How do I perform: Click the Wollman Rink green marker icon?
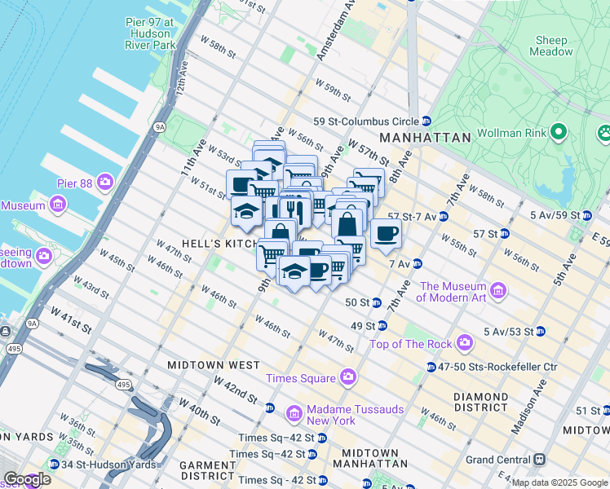(x=559, y=131)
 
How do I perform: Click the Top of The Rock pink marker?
(x=465, y=343)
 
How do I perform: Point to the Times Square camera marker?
(x=348, y=378)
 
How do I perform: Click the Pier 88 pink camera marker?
(x=105, y=181)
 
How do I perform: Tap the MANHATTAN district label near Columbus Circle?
(x=424, y=138)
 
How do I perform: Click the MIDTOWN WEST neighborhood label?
(x=214, y=365)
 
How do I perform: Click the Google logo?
(x=26, y=479)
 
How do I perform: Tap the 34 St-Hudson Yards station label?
(x=96, y=465)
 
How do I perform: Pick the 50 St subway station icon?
(x=377, y=302)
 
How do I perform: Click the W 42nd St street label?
(x=236, y=388)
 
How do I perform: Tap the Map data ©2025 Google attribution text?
(x=559, y=482)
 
